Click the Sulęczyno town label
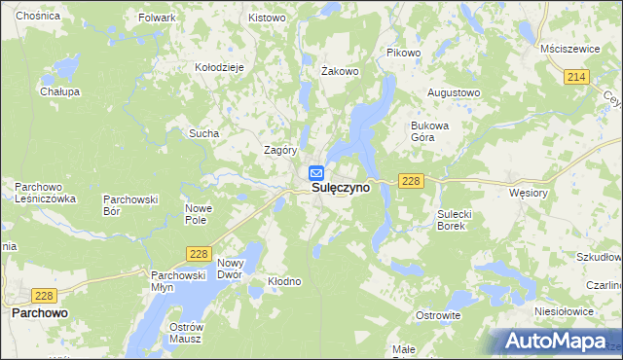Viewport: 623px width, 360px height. coord(340,189)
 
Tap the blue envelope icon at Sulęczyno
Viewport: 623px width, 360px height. coord(316,173)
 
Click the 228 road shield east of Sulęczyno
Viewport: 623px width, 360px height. coord(410,181)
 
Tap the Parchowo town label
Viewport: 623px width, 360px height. coord(40,314)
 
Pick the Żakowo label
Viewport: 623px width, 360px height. coord(341,71)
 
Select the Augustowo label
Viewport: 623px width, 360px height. coord(455,92)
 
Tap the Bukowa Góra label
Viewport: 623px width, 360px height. coord(429,131)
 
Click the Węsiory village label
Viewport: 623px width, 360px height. coord(530,193)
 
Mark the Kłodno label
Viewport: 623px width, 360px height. coord(285,281)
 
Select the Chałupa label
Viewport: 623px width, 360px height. coord(59,91)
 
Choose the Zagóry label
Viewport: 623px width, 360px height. coord(280,151)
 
